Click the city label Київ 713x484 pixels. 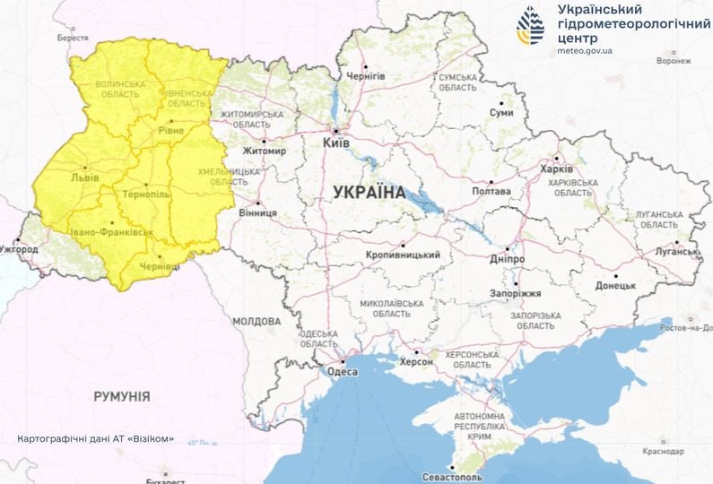336,142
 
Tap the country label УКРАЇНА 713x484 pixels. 368,191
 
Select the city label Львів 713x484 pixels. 85,177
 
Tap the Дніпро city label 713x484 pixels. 508,258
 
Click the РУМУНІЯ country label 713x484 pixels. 122,395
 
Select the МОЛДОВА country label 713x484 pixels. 257,321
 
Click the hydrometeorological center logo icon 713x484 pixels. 530,26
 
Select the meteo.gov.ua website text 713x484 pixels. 585,52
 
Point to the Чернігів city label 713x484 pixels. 365,76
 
